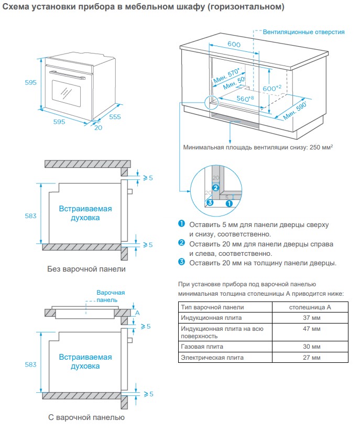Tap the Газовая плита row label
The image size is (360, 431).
click(x=202, y=347)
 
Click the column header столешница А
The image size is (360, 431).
click(x=311, y=307)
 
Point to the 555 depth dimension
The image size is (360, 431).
click(x=115, y=116)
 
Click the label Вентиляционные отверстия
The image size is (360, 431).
click(x=304, y=32)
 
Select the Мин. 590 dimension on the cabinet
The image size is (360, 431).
click(x=295, y=109)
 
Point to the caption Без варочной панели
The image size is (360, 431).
click(x=86, y=269)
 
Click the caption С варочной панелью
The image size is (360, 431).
click(x=86, y=417)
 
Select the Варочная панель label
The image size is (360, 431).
click(x=111, y=296)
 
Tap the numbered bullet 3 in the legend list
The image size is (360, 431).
click(x=182, y=262)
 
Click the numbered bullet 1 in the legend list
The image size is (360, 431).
click(x=182, y=224)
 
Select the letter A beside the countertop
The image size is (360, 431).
click(x=137, y=312)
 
